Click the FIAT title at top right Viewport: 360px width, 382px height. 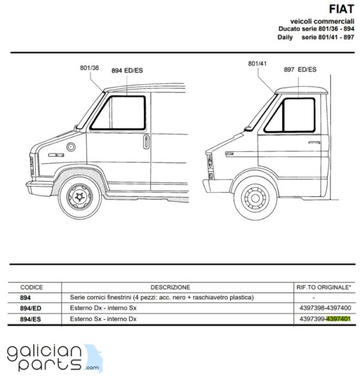[341, 9]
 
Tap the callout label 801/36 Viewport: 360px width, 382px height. [89, 68]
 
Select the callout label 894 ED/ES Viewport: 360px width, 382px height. [127, 71]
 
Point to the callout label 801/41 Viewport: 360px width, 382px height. [257, 64]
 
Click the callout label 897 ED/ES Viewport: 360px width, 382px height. [300, 70]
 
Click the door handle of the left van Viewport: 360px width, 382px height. [146, 142]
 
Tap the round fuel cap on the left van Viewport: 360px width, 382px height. [71, 147]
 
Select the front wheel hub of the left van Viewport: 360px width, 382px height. [79, 197]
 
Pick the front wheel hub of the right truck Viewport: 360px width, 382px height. [255, 198]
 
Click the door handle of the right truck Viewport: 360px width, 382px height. [314, 142]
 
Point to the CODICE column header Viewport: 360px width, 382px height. [31, 287]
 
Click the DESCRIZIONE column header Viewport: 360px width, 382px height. [170, 287]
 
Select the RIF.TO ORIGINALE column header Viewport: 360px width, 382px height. [324, 287]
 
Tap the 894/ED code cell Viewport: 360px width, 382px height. [31, 308]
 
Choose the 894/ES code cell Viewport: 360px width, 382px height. [31, 319]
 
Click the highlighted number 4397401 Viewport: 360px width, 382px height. [338, 319]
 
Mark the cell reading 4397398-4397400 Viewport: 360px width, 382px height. [325, 308]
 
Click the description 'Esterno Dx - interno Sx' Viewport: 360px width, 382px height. [103, 308]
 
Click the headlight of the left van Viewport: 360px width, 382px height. [32, 166]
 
